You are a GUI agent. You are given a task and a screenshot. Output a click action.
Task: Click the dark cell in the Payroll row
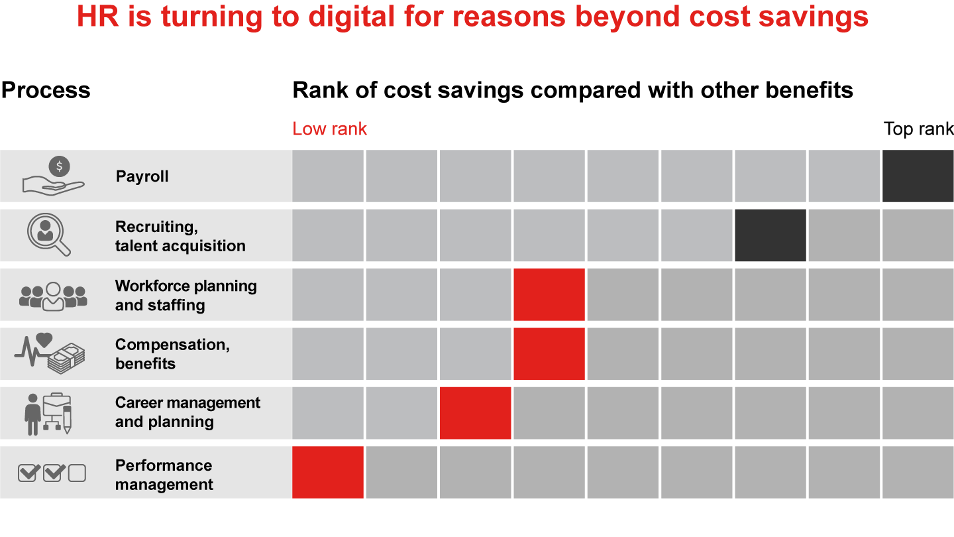tap(918, 176)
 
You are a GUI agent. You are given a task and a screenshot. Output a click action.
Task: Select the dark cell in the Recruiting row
tap(770, 235)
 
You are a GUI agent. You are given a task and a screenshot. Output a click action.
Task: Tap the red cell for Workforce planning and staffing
tap(549, 294)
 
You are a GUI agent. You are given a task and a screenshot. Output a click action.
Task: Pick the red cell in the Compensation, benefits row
tap(549, 353)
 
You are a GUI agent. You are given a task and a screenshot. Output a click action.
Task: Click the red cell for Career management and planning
tap(475, 412)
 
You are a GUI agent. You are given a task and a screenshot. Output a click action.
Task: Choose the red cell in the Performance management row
tap(328, 472)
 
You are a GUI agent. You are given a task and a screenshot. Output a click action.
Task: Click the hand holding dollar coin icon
tap(54, 176)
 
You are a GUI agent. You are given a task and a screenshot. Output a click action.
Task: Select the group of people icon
tap(53, 296)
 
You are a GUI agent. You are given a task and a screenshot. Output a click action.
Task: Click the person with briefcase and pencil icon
tap(48, 413)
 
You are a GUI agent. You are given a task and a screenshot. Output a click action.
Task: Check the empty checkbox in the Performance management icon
tap(78, 473)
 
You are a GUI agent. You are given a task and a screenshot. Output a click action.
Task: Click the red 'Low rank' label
tap(329, 129)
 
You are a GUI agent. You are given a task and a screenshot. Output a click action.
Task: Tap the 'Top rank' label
tap(918, 129)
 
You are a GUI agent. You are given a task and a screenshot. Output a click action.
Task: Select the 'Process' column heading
tap(46, 90)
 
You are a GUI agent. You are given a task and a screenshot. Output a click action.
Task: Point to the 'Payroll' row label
tap(142, 176)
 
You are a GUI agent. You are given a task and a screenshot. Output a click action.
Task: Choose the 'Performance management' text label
tap(164, 475)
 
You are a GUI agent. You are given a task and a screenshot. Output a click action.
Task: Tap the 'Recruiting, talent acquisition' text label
tap(180, 236)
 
